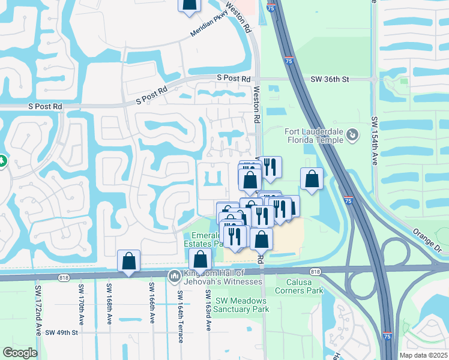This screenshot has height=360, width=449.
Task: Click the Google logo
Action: tap(20, 353)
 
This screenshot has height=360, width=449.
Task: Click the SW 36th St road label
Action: tap(330, 79)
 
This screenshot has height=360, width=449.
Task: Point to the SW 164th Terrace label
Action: tap(179, 316)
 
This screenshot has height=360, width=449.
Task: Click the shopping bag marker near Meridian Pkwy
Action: tap(189, 5)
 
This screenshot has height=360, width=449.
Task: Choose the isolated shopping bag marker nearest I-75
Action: tap(312, 178)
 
